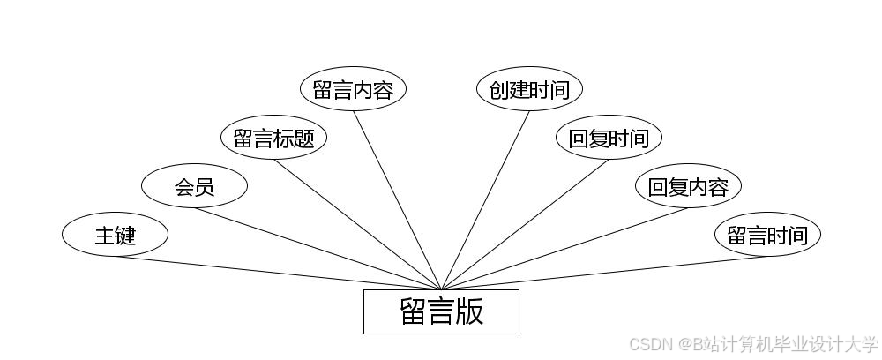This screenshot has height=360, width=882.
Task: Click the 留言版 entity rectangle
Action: pos(441,311)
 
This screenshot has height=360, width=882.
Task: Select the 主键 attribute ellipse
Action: pos(115,235)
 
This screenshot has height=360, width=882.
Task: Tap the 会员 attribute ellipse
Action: pos(194,186)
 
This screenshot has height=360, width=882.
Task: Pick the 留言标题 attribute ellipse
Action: pos(273,138)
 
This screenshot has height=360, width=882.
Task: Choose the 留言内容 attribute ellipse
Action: pos(353,89)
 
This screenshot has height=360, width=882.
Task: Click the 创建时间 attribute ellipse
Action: pos(529,89)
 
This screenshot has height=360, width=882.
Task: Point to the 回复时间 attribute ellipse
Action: pos(609,138)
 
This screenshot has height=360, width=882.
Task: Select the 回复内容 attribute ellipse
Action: pos(688,186)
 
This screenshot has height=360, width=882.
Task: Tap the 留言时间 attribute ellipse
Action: pos(767,235)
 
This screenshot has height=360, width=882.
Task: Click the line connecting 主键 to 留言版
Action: pos(278,273)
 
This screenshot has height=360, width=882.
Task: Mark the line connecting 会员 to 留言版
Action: pos(318,248)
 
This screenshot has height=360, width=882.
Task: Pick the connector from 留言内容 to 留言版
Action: pos(397,199)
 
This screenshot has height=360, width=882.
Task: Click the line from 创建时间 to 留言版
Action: pos(485,199)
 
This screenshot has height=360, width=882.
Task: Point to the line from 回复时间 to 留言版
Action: pos(525,224)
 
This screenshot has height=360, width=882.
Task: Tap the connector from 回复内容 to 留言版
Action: pos(564,248)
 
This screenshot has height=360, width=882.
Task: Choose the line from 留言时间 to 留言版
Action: pos(604,273)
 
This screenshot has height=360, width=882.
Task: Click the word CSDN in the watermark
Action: pos(651,344)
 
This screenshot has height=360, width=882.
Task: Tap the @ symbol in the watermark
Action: pos(684,344)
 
